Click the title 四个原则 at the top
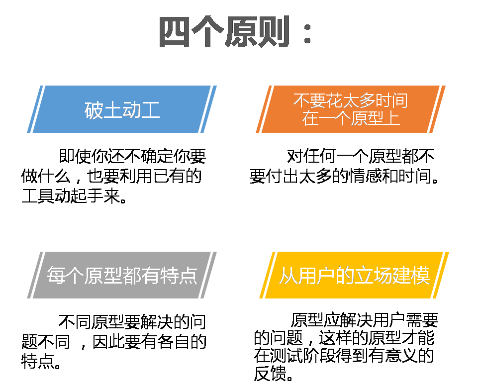point(224,32)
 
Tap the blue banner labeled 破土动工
point(122,109)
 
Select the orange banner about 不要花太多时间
point(350,109)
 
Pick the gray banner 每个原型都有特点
point(122,275)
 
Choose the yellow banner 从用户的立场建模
point(354,275)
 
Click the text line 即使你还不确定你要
point(132,157)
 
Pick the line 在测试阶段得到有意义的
point(344,356)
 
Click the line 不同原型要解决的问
point(132,323)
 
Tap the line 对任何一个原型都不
point(361,157)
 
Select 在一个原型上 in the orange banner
point(351,119)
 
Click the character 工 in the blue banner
point(150,109)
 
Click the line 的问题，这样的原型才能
point(344,338)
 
